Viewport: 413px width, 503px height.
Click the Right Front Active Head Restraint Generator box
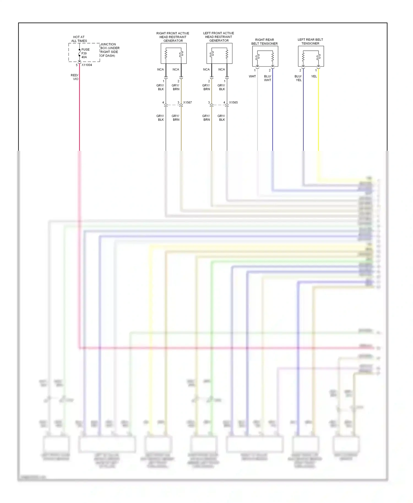(173, 53)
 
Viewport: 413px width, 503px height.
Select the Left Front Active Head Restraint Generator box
(219, 53)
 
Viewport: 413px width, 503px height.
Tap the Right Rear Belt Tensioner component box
(265, 56)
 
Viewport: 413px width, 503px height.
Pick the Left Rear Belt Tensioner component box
(311, 56)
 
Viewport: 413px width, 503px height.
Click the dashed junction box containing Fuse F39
(84, 52)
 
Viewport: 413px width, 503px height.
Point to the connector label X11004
(87, 65)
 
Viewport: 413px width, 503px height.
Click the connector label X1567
(188, 102)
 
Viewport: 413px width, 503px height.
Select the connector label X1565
(233, 102)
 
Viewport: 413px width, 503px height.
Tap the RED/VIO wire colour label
(75, 77)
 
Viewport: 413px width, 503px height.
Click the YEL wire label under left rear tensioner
(314, 76)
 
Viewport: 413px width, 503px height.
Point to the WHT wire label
(252, 76)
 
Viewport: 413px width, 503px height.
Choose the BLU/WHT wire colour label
(268, 78)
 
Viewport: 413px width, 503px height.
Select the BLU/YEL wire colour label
(298, 78)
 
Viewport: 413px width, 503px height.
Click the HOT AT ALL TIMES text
(79, 39)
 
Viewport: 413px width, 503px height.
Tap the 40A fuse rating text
(84, 57)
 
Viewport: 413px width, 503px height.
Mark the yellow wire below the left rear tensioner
(319, 116)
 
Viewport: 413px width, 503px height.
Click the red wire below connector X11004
(80, 116)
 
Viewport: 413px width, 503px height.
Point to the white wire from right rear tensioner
(257, 116)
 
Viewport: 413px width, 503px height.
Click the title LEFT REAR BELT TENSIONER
(310, 42)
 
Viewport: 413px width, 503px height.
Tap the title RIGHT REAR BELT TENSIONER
(264, 42)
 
